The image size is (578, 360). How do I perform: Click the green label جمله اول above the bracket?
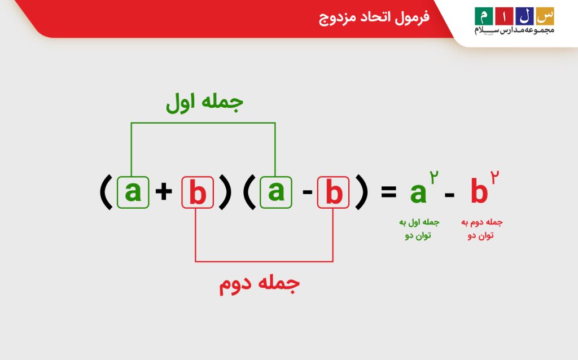tap(204, 103)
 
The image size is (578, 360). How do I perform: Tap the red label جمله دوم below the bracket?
tap(259, 284)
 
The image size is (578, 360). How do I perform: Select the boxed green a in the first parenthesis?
tap(133, 192)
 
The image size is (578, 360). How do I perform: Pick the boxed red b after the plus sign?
tap(198, 193)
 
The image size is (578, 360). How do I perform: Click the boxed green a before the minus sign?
tap(276, 192)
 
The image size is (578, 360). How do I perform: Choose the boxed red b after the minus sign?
tap(334, 193)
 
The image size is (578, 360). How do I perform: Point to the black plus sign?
tap(164, 192)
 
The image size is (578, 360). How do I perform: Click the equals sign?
tap(389, 192)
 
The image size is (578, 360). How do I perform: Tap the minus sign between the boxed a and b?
tap(307, 193)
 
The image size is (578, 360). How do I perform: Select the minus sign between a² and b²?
tap(450, 195)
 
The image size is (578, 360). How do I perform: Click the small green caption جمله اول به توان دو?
tap(418, 229)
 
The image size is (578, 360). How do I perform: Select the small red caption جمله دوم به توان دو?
tap(481, 229)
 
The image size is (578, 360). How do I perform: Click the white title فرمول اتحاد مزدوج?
tap(374, 17)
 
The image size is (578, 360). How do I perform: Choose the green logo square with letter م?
tap(483, 15)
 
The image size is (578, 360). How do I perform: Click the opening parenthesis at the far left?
tap(104, 192)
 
